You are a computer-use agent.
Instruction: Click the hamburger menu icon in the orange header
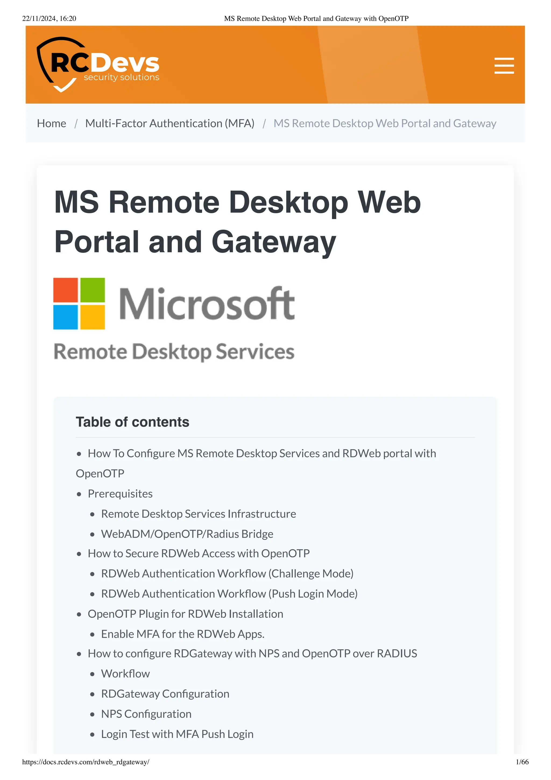[504, 66]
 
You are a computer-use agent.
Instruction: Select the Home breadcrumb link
[52, 123]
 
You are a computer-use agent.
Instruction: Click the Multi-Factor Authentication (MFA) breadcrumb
[170, 123]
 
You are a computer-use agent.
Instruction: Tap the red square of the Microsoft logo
[66, 290]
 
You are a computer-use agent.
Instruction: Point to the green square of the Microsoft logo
[93, 290]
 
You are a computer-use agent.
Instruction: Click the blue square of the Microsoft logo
[66, 317]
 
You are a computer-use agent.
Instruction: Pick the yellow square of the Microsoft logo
[93, 317]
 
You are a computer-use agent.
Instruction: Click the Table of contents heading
[132, 422]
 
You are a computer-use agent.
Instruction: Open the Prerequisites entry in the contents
[120, 494]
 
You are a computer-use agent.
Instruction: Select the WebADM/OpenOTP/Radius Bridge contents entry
[187, 534]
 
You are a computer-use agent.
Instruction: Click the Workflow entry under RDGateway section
[125, 673]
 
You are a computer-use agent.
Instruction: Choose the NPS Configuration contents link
[146, 714]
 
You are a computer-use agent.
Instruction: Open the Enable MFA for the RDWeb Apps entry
[183, 634]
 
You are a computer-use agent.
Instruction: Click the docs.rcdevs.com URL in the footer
[86, 762]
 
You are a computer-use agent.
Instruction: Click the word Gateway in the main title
[274, 242]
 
